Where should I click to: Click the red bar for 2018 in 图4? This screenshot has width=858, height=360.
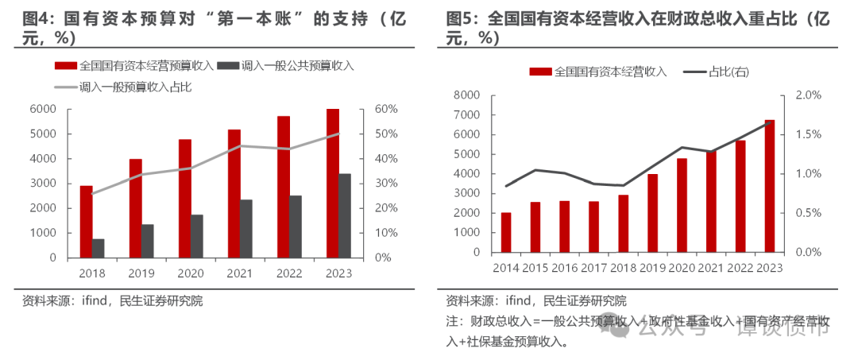pyautogui.click(x=86, y=222)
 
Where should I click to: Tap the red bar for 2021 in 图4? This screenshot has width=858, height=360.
pyautogui.click(x=234, y=194)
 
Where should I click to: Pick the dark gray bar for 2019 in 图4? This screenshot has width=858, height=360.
pyautogui.click(x=148, y=241)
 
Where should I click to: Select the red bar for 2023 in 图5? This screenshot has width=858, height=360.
pyautogui.click(x=769, y=186)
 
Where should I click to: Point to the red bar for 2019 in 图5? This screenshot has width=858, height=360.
pyautogui.click(x=652, y=213)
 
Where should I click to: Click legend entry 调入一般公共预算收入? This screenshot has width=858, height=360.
pyautogui.click(x=286, y=66)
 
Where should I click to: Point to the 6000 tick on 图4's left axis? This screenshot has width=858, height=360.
pyautogui.click(x=43, y=109)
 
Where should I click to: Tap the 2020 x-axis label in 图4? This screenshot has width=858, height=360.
pyautogui.click(x=191, y=273)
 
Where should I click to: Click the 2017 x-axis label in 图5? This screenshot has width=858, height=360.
pyautogui.click(x=593, y=268)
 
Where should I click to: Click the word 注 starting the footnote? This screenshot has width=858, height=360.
pyautogui.click(x=452, y=322)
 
